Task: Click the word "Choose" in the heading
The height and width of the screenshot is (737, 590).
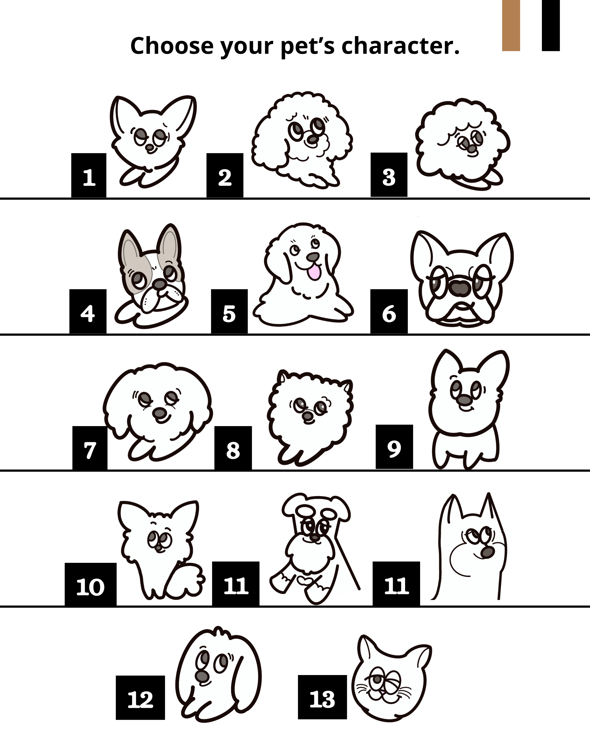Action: pos(172,46)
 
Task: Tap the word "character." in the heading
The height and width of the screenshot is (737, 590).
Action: pos(400,46)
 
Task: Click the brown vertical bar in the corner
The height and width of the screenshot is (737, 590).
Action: pos(511,26)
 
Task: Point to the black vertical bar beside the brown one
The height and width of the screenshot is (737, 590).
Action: pos(551,26)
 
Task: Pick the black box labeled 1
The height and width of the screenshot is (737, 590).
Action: pos(88,175)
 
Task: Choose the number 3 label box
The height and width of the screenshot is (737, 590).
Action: pos(389,175)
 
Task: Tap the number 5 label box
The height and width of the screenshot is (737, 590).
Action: pos(229,311)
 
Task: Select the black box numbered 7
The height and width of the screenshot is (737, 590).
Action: pos(90,448)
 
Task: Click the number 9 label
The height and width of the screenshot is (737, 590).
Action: pos(394,447)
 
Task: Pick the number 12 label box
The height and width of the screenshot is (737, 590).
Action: pos(140,698)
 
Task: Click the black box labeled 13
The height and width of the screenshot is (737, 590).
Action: pos(322,697)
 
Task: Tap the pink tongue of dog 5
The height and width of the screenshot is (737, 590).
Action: pos(314,272)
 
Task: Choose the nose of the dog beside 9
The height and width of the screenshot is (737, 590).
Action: pos(464,400)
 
